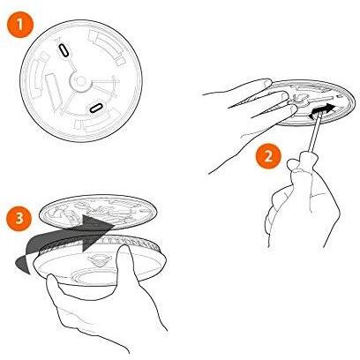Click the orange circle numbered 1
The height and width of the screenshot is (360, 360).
click(x=19, y=24)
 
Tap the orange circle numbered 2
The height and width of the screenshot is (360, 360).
click(x=268, y=155)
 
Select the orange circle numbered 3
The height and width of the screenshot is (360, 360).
click(x=19, y=218)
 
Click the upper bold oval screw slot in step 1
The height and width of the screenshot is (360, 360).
click(x=64, y=50)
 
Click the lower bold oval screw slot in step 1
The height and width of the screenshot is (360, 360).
click(x=96, y=108)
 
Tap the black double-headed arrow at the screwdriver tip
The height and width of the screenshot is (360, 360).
click(x=321, y=111)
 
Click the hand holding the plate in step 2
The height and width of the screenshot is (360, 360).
click(x=253, y=117)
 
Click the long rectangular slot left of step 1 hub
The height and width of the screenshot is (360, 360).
click(x=53, y=89)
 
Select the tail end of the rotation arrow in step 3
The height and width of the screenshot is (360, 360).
click(x=21, y=265)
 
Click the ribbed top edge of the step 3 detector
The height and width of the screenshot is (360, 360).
click(x=100, y=243)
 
